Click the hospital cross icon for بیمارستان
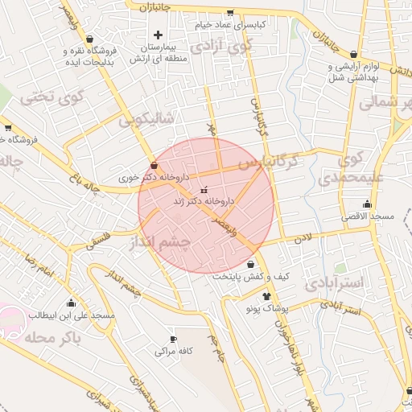coord(158,35)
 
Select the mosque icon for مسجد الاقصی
coord(367,204)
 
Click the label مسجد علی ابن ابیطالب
coord(72,315)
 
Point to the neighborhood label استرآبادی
coord(335,282)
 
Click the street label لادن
coord(302,238)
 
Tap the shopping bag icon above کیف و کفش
coord(251,264)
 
